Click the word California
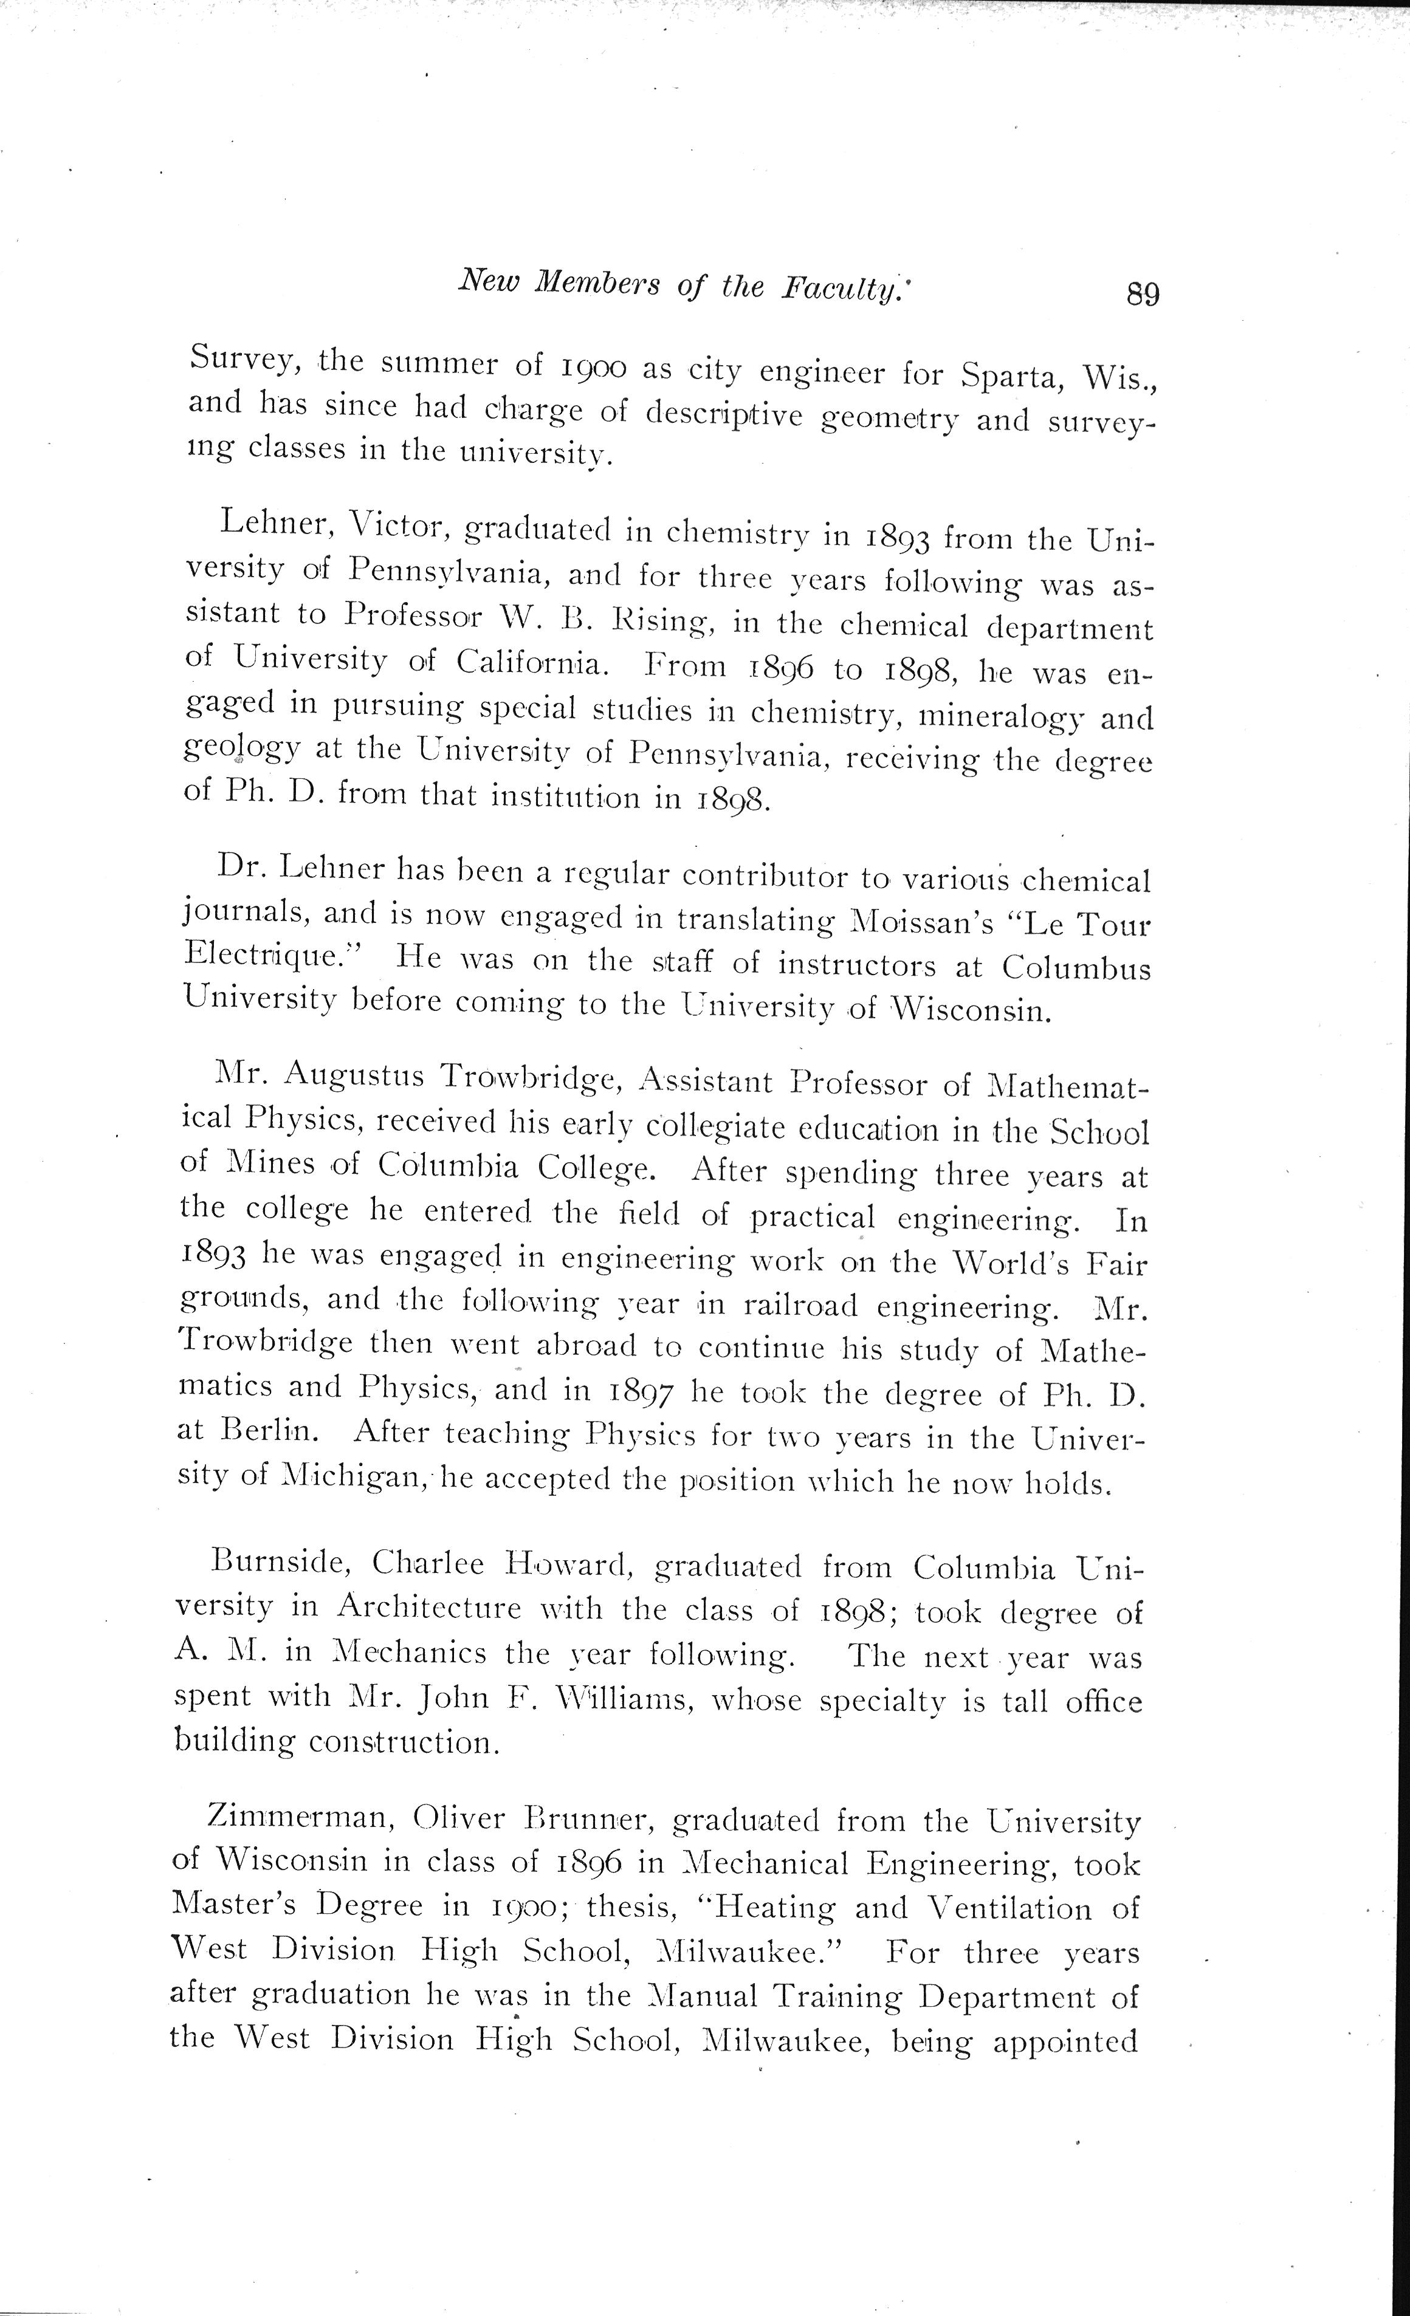[x=533, y=663]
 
